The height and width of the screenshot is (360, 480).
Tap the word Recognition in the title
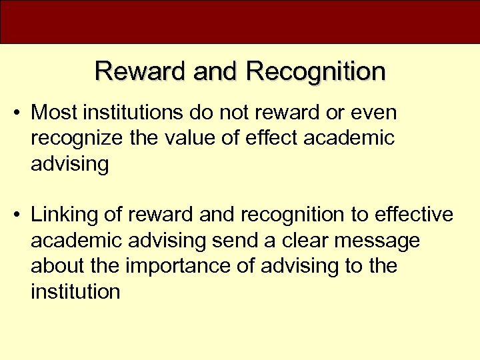click(x=315, y=71)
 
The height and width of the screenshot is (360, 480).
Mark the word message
click(x=387, y=241)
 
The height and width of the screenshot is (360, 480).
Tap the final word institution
click(x=75, y=291)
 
